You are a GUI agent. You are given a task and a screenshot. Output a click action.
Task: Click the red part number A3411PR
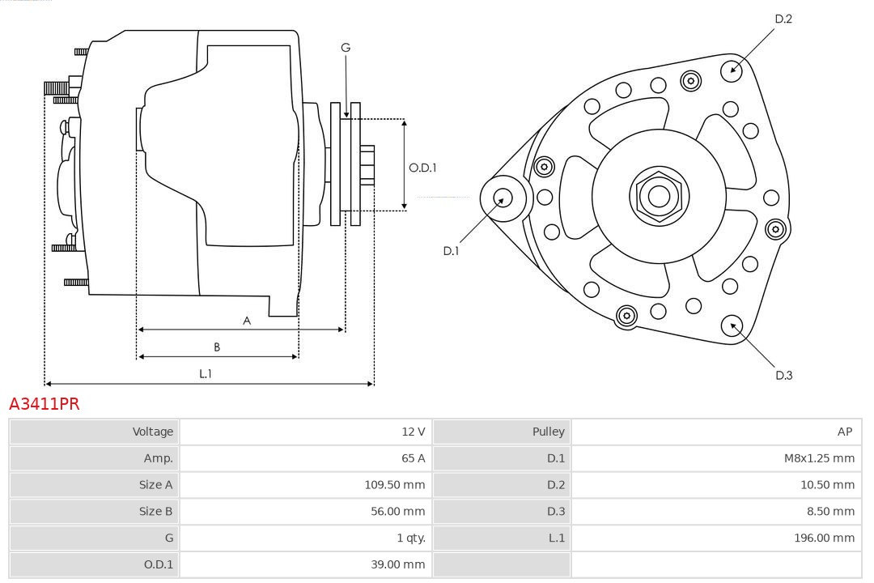pos(45,403)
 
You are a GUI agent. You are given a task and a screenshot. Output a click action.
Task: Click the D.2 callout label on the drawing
pos(783,19)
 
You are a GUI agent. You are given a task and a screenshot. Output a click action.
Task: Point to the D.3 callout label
pos(783,375)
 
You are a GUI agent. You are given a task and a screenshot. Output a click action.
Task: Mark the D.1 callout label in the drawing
pos(451,251)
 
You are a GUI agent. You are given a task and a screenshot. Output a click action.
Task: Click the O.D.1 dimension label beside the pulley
pos(422,168)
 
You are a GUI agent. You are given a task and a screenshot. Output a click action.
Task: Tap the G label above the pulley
pos(346,48)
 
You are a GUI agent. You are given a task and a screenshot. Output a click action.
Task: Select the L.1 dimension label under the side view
pos(206,373)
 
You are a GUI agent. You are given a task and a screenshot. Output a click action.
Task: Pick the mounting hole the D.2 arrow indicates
pos(732,69)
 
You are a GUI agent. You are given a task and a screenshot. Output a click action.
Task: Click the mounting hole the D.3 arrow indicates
pos(732,326)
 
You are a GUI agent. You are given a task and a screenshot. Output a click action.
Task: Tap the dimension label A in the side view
pos(247,321)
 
